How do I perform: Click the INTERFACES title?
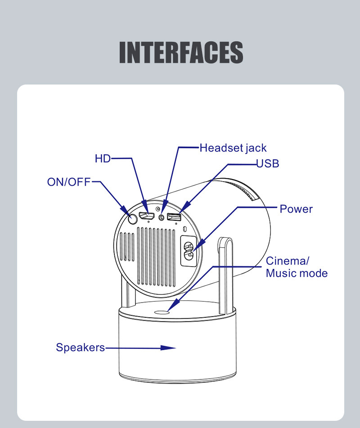click(181, 53)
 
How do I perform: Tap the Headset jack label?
click(233, 148)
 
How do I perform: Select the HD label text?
click(103, 159)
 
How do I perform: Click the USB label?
click(268, 164)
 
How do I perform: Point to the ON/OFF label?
click(69, 182)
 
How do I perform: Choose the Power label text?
click(296, 209)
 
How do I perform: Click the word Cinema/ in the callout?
click(288, 261)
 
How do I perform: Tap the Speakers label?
click(80, 348)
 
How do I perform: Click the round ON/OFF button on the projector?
click(132, 219)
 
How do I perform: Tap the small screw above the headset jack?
click(158, 209)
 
